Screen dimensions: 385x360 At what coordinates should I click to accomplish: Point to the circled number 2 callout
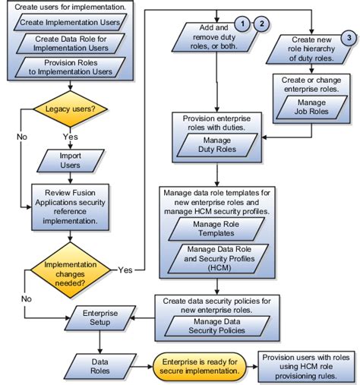(x=262, y=24)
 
